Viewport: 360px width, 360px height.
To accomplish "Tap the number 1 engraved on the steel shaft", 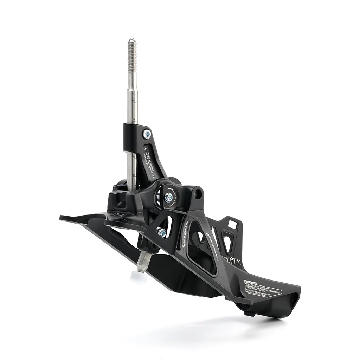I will (x=134, y=102).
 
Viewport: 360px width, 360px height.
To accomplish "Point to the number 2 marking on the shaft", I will (x=134, y=120).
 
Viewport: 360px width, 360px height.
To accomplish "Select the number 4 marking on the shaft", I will (x=134, y=157).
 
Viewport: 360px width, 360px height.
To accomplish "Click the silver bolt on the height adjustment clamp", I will (x=147, y=134).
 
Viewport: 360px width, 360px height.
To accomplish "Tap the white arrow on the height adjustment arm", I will (x=145, y=150).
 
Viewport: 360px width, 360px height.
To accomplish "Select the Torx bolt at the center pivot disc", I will (x=169, y=197).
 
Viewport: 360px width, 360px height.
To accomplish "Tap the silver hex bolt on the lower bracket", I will (x=162, y=232).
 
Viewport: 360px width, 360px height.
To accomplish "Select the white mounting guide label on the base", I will (x=263, y=288).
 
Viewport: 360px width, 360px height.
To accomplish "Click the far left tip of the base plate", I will (x=62, y=218).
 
